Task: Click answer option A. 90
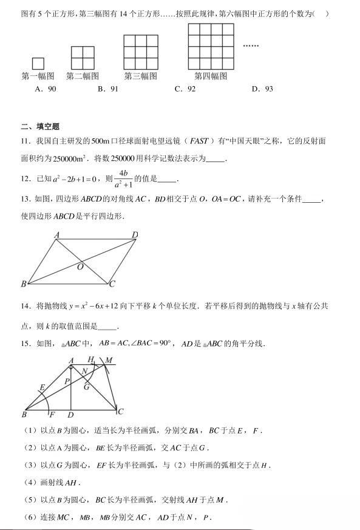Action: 46,89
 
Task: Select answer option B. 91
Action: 107,89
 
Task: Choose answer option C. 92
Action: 185,89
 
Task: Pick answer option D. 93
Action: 262,89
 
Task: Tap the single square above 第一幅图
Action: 38,63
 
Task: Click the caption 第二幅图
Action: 82,76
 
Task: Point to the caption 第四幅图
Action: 211,76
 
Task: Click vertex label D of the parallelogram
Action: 134,236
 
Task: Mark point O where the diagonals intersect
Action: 80,266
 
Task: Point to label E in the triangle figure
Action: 42,387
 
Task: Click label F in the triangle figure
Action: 52,415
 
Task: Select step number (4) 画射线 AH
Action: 26,483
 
